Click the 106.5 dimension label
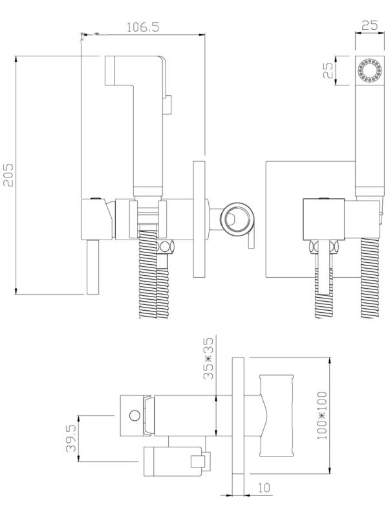pyautogui.click(x=143, y=27)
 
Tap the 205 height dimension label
pyautogui.click(x=8, y=175)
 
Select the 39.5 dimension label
pyautogui.click(x=71, y=438)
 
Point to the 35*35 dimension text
pyautogui.click(x=208, y=358)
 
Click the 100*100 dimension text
pyautogui.click(x=322, y=415)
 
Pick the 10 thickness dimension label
pyautogui.click(x=264, y=488)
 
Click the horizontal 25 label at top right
pyautogui.click(x=369, y=25)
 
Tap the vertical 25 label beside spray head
pyautogui.click(x=328, y=71)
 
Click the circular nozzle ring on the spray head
pyautogui.click(x=369, y=71)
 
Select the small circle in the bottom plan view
pyautogui.click(x=135, y=415)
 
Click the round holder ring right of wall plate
pyautogui.click(x=237, y=219)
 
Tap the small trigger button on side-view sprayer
pyautogui.click(x=167, y=105)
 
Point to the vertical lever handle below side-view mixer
pyautogui.click(x=93, y=267)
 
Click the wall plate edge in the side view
pyautogui.click(x=199, y=219)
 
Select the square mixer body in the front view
pyautogui.click(x=324, y=220)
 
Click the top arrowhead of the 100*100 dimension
pyautogui.click(x=330, y=361)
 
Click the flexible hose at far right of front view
pyautogui.click(x=370, y=278)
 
